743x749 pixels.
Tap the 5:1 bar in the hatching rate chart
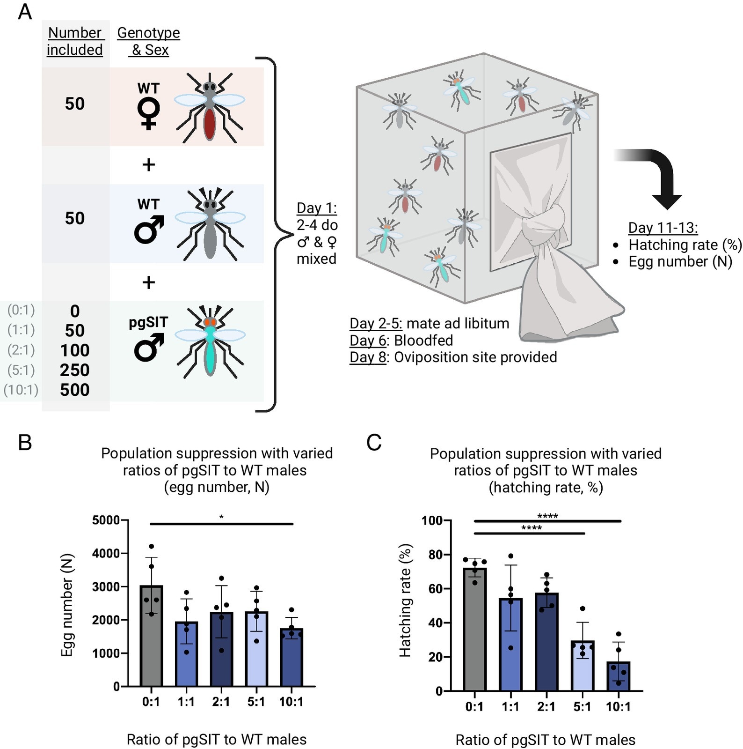point(582,666)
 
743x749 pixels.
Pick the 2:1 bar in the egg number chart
point(221,649)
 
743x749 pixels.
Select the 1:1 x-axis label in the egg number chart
point(186,702)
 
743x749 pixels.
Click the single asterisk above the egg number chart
point(221,517)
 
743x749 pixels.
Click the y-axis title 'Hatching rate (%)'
point(405,601)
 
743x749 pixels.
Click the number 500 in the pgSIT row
point(75,390)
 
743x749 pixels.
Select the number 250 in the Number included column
point(75,370)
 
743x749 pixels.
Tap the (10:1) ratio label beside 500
point(21,390)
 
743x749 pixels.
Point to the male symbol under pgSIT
point(149,348)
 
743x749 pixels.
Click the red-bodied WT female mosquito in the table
point(210,108)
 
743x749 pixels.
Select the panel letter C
point(374,442)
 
